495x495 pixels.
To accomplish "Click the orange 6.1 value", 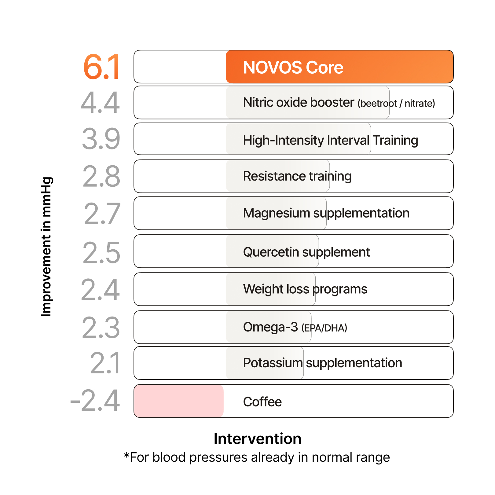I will pyautogui.click(x=102, y=67).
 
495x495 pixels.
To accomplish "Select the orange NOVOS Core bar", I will pyautogui.click(x=339, y=67).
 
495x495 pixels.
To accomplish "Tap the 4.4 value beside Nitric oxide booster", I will pyautogui.click(x=100, y=103).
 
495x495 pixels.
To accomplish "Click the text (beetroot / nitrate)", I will pyautogui.click(x=396, y=104).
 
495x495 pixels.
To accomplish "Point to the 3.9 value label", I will pyautogui.click(x=101, y=139).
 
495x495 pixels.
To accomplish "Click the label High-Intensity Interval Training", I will pyautogui.click(x=330, y=140).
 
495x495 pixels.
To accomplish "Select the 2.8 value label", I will pyautogui.click(x=101, y=176).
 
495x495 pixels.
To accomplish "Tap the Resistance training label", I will pyautogui.click(x=297, y=176).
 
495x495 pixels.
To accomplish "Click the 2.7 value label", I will pyautogui.click(x=102, y=214).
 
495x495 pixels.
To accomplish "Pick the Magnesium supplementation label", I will pyautogui.click(x=326, y=213).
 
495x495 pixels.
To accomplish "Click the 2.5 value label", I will pyautogui.click(x=101, y=253).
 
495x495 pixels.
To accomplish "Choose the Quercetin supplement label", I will pyautogui.click(x=306, y=252).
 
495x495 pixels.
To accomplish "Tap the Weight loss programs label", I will pyautogui.click(x=305, y=289).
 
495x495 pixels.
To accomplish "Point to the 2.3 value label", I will pyautogui.click(x=101, y=328).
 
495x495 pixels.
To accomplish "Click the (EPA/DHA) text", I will pyautogui.click(x=324, y=328).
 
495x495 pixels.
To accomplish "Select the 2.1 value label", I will pyautogui.click(x=105, y=363).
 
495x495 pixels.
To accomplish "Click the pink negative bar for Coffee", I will pyautogui.click(x=179, y=401).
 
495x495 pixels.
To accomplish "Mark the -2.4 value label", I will pyautogui.click(x=95, y=401).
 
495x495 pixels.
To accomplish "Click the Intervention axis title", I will pyautogui.click(x=257, y=439).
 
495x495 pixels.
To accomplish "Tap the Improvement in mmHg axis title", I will pyautogui.click(x=46, y=247).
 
